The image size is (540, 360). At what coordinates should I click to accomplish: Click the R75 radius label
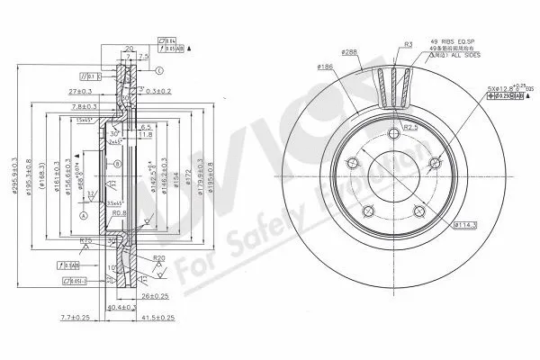point(88,240)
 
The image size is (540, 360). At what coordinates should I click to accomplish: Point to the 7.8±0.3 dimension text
point(88,107)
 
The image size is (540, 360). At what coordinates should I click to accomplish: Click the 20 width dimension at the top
point(128,50)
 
